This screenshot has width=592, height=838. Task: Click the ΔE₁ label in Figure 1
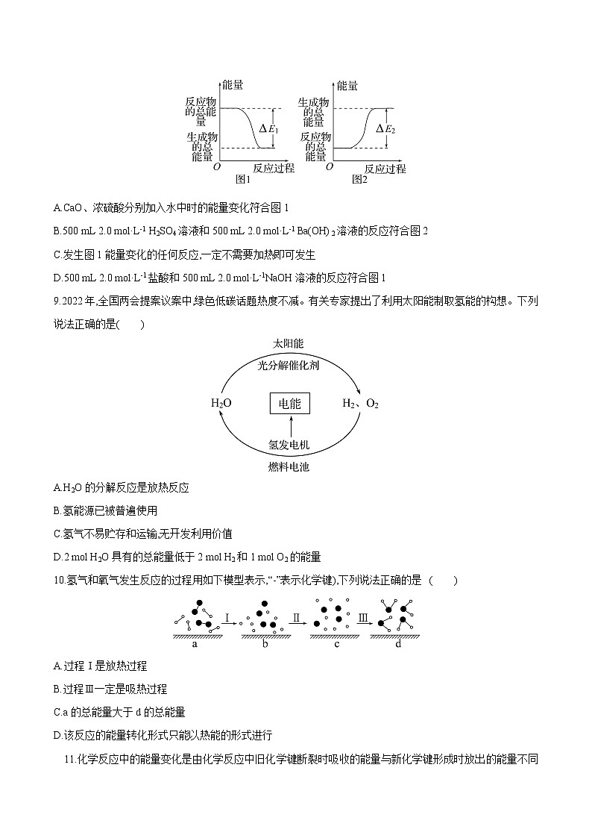point(268,129)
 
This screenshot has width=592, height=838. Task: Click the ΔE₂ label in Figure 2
point(385,129)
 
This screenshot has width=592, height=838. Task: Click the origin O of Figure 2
point(329,169)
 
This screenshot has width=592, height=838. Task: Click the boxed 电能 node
point(289,404)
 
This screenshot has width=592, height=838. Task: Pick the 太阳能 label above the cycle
point(289,344)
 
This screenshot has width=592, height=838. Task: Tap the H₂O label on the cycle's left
point(221,404)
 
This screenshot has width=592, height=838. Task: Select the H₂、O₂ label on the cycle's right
point(360,404)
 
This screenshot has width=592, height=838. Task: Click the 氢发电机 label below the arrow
point(289,445)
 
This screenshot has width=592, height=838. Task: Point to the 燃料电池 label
point(289,467)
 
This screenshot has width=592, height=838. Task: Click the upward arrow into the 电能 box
point(289,426)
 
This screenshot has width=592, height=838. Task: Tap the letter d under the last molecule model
point(398,644)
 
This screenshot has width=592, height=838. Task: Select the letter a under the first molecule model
point(195,644)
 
